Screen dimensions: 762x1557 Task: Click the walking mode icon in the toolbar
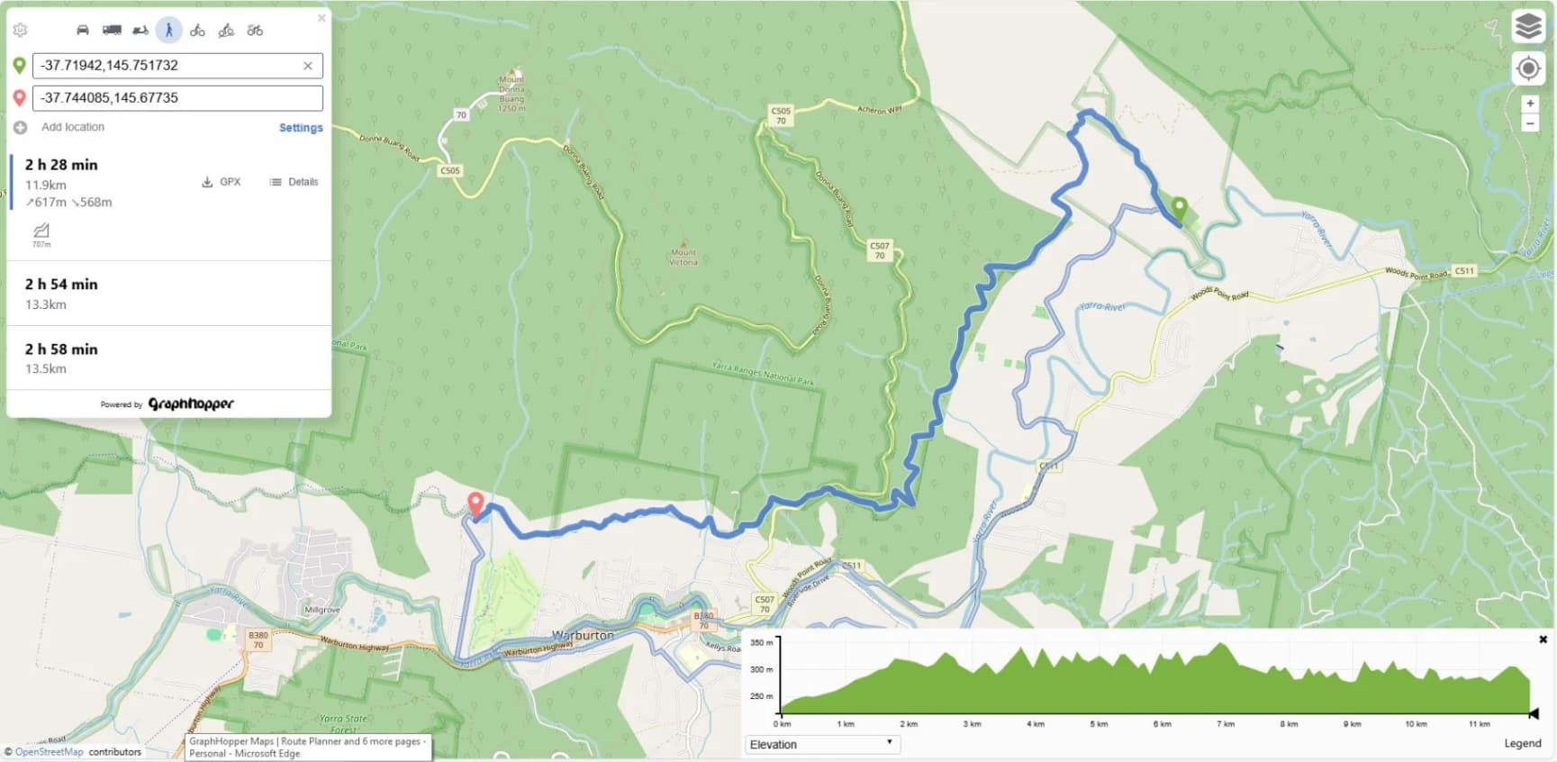pos(168,30)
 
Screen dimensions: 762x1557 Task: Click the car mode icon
pos(83,30)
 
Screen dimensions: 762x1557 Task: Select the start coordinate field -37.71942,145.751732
pos(167,66)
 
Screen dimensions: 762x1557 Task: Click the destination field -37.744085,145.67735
pos(177,98)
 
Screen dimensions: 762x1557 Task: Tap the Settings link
pos(301,128)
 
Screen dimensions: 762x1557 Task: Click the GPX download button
pos(222,182)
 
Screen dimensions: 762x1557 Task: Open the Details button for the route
pos(294,182)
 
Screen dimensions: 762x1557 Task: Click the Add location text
pos(73,127)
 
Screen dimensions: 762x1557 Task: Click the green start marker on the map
pos(1179,209)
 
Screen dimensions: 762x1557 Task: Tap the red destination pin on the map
pos(475,503)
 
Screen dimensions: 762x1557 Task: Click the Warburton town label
pos(583,635)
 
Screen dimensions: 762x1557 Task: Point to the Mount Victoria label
pos(683,258)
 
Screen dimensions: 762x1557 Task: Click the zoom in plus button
pos(1529,104)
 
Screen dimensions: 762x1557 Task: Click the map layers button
pos(1528,27)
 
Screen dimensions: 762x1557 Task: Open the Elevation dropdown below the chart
pos(821,745)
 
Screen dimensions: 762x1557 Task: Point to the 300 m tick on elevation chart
pos(763,669)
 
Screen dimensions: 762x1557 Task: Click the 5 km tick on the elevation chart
pos(1099,724)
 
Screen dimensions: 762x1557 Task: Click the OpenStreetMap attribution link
pos(50,752)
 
